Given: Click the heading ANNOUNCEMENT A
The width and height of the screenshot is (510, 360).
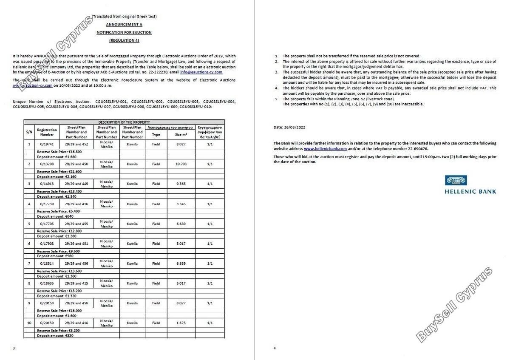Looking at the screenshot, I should pyautogui.click(x=124, y=25).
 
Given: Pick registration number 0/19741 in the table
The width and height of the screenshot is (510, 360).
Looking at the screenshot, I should pyautogui.click(x=47, y=145).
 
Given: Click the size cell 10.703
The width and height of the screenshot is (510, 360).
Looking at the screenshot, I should pyautogui.click(x=181, y=164).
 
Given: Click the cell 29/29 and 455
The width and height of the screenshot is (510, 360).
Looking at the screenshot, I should pyautogui.click(x=76, y=224).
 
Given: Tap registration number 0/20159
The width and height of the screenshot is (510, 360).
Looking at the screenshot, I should pyautogui.click(x=47, y=323).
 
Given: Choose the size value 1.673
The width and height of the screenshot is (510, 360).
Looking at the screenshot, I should pyautogui.click(x=181, y=323).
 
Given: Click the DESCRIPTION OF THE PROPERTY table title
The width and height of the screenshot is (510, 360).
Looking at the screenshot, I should pyautogui.click(x=124, y=122).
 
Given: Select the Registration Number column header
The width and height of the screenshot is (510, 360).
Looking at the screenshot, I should pyautogui.click(x=47, y=132).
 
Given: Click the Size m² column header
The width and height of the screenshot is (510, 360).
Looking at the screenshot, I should pyautogui.click(x=181, y=135).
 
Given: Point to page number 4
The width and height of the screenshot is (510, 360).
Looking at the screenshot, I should pyautogui.click(x=275, y=349).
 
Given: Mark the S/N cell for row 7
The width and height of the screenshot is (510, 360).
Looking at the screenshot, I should pyautogui.click(x=29, y=264).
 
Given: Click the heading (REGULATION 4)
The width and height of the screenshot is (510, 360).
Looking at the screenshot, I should pyautogui.click(x=124, y=40).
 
